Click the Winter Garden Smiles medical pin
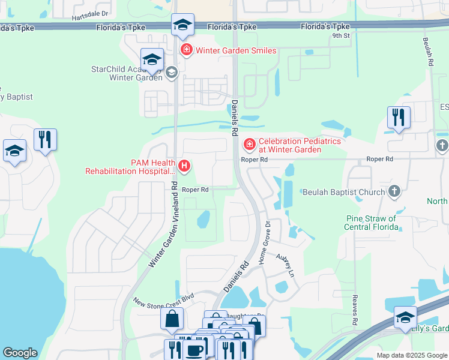coord(187,50)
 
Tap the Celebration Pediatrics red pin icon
coord(249,145)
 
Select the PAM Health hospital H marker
coord(185,166)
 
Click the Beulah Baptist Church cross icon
coord(394,191)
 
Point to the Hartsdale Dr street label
coord(91,13)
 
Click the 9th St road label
coord(340,36)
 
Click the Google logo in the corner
coord(20,353)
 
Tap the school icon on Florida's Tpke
coord(182,25)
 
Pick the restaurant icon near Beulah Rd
coord(399,117)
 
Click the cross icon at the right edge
coord(442,145)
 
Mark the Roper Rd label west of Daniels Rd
coord(195,189)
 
